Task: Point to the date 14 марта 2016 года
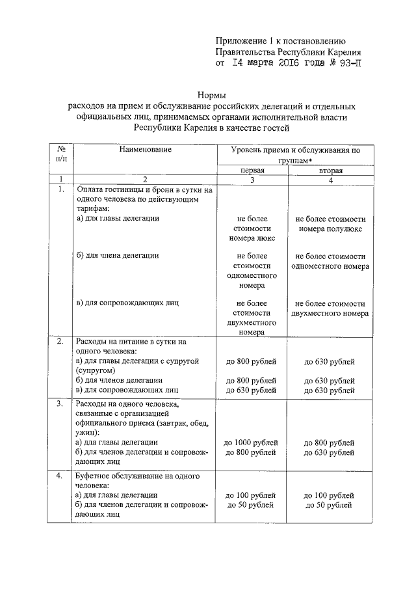(267, 64)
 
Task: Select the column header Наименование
(145, 150)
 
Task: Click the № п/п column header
(60, 154)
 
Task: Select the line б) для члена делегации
(117, 256)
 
